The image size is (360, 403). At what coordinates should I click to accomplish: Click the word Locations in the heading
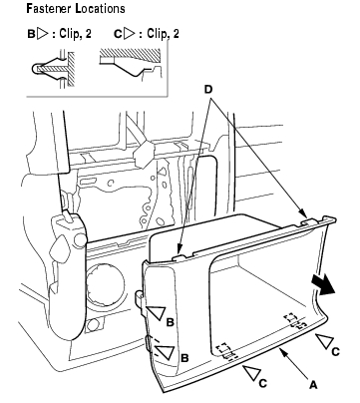(x=100, y=9)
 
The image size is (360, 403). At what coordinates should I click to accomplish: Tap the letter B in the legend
(x=31, y=34)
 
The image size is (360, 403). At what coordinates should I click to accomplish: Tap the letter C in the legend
(x=118, y=34)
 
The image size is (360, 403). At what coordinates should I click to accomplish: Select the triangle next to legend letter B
(x=42, y=34)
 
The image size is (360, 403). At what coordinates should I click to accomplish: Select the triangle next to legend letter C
(x=129, y=34)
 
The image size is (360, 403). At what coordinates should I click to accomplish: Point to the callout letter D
(x=208, y=90)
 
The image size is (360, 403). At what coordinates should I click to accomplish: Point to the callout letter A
(x=313, y=385)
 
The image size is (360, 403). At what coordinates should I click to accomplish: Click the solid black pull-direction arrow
(x=324, y=286)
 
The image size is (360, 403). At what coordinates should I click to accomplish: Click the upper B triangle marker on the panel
(x=158, y=313)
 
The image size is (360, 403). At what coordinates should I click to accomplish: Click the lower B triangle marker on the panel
(x=166, y=352)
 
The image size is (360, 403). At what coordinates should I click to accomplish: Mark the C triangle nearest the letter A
(x=252, y=372)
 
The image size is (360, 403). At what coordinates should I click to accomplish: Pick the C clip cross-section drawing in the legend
(x=132, y=64)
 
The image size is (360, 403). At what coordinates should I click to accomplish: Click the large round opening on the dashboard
(x=105, y=285)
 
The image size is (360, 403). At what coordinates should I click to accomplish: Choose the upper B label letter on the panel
(x=170, y=322)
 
